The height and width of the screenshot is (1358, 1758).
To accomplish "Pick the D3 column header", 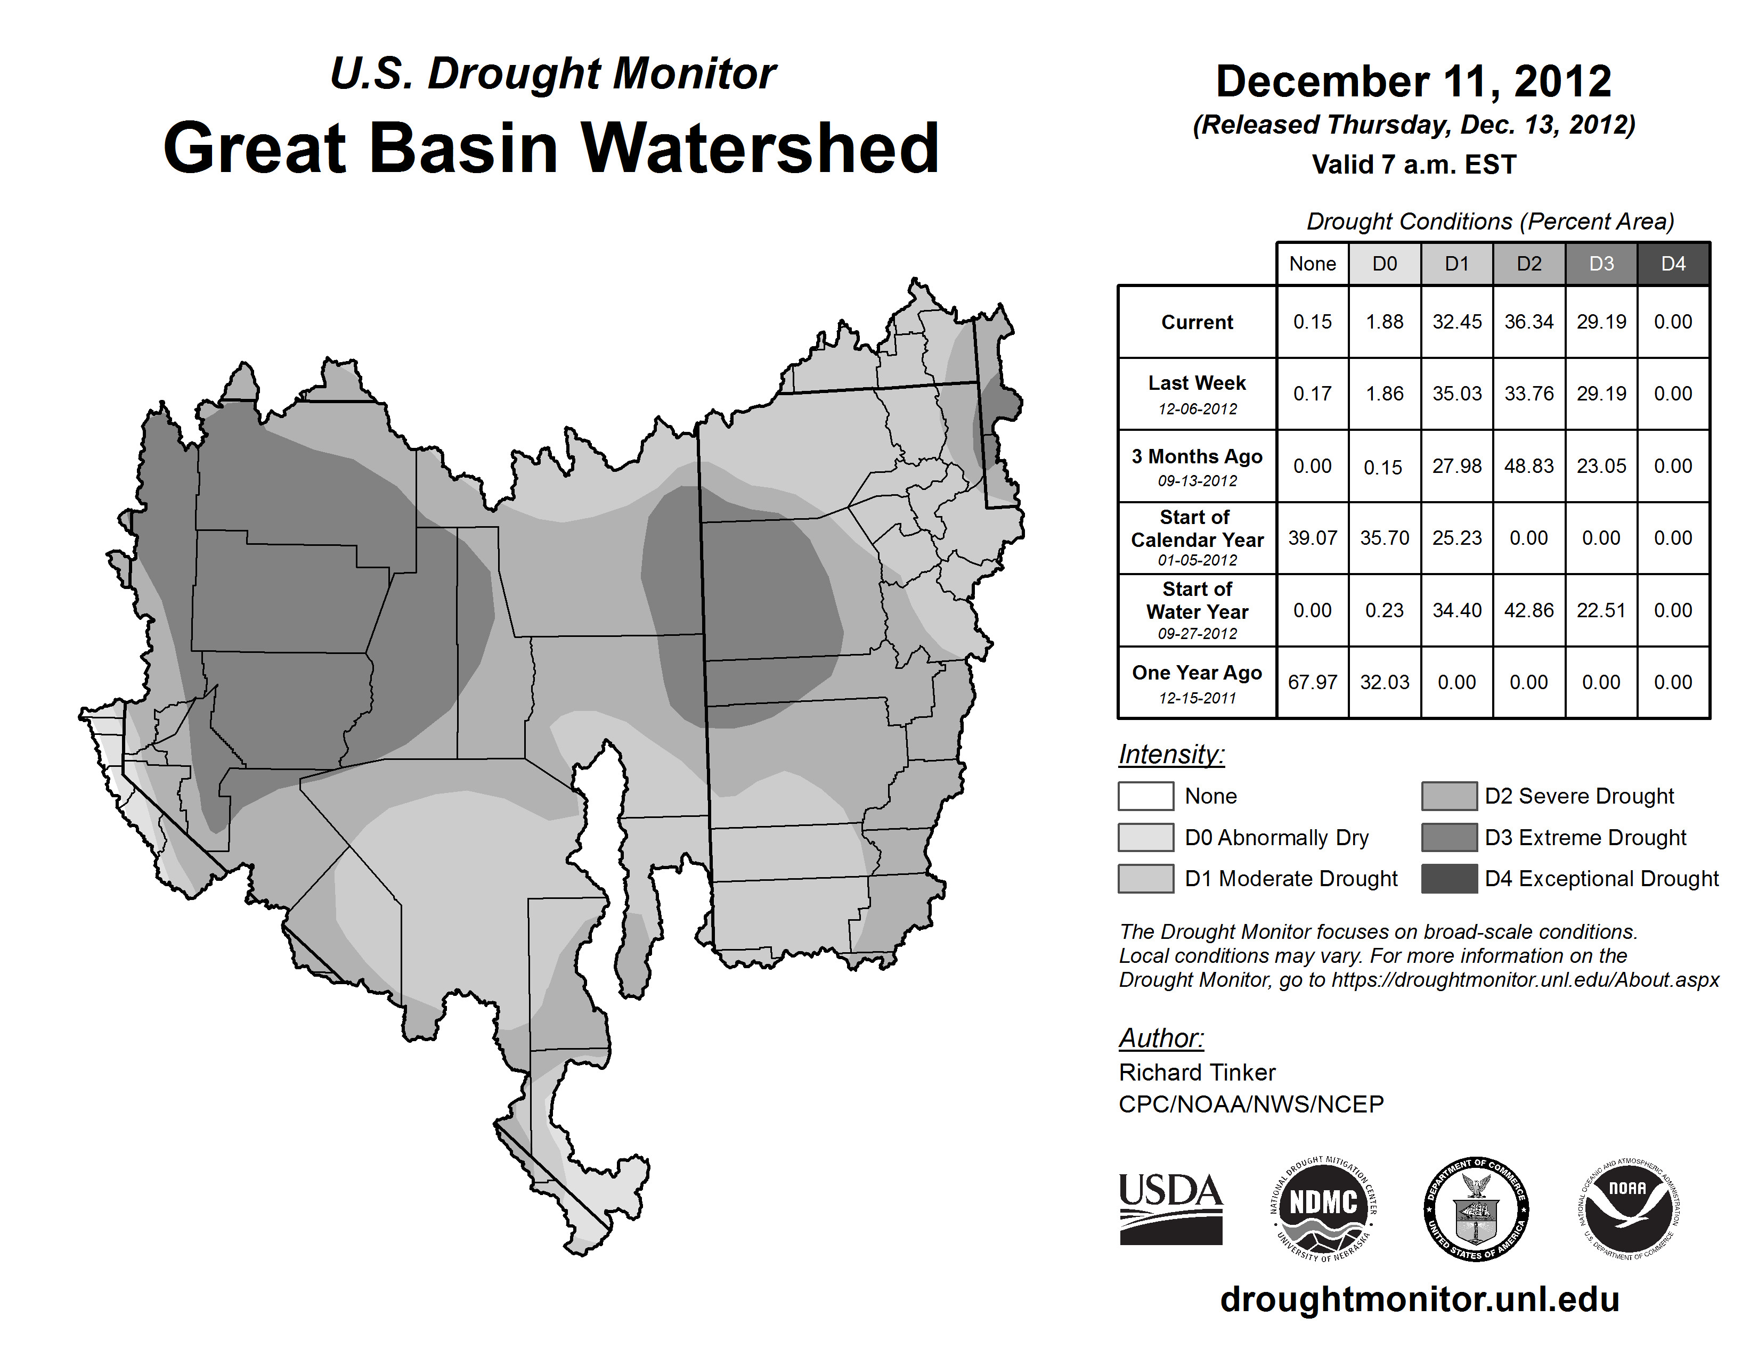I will [1601, 264].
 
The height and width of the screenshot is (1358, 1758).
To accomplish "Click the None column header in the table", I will [1312, 264].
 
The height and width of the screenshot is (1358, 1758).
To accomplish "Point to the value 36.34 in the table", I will [1528, 322].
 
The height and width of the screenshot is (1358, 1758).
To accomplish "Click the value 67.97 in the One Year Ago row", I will [1312, 682].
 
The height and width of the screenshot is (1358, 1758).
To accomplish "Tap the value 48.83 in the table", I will [1528, 466].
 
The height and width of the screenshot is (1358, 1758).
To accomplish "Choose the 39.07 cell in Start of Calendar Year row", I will [1312, 537].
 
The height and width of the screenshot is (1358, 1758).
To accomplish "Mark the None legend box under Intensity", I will [1145, 796].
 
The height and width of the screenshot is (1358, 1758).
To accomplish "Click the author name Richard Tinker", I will [1197, 1073].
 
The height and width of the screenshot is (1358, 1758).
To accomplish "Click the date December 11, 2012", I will [1413, 81].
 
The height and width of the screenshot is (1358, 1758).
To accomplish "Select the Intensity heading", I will [1171, 755].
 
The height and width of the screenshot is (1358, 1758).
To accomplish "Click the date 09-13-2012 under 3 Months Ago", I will [1197, 481].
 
